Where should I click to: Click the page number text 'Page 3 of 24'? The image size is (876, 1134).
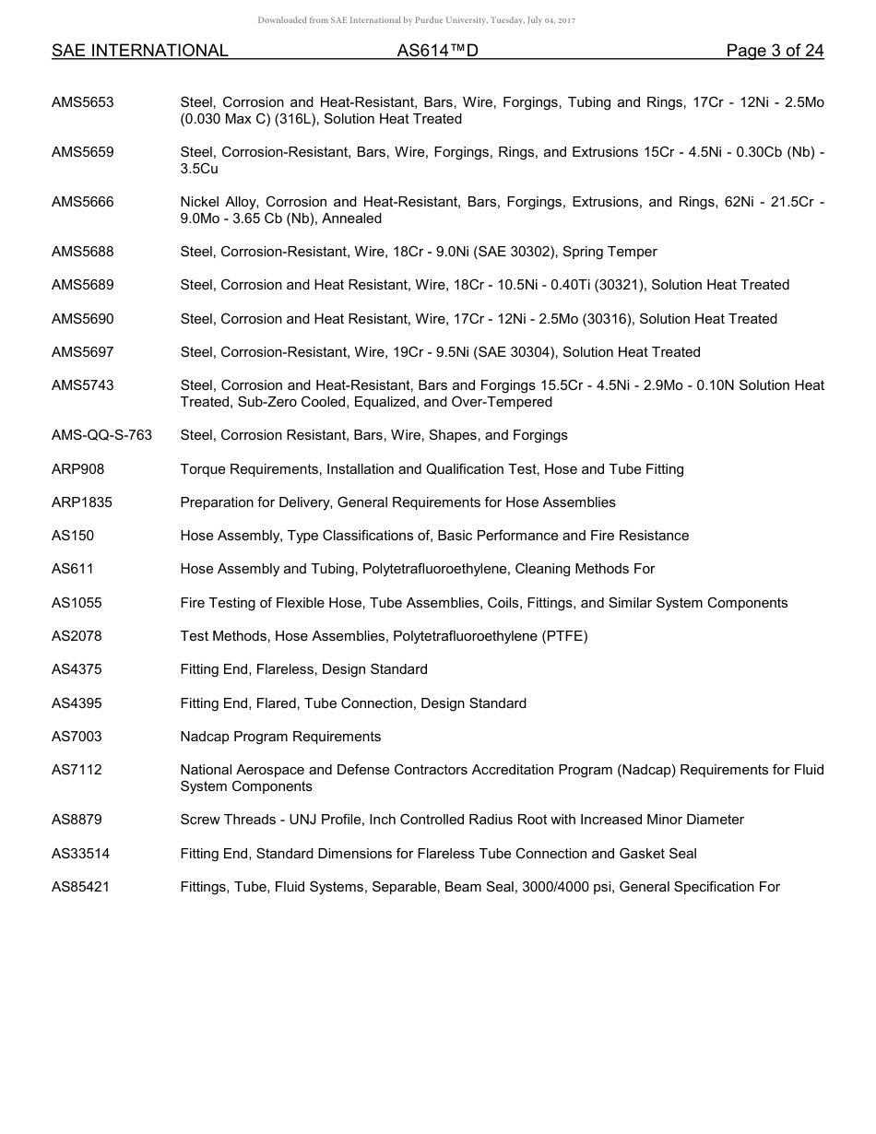(775, 51)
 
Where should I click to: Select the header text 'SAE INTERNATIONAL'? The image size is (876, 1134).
(139, 51)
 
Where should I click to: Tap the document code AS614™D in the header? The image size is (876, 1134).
(437, 51)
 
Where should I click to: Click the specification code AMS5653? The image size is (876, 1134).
(83, 102)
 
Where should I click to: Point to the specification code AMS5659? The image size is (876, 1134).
(83, 152)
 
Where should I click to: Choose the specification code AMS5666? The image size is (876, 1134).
(83, 202)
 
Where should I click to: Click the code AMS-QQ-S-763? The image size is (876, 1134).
(101, 435)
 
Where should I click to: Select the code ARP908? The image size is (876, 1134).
(78, 469)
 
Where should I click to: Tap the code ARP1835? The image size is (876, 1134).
(82, 502)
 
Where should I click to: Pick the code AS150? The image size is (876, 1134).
(73, 536)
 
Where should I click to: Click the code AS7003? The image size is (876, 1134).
(77, 737)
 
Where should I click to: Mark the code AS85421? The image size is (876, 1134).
(80, 887)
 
